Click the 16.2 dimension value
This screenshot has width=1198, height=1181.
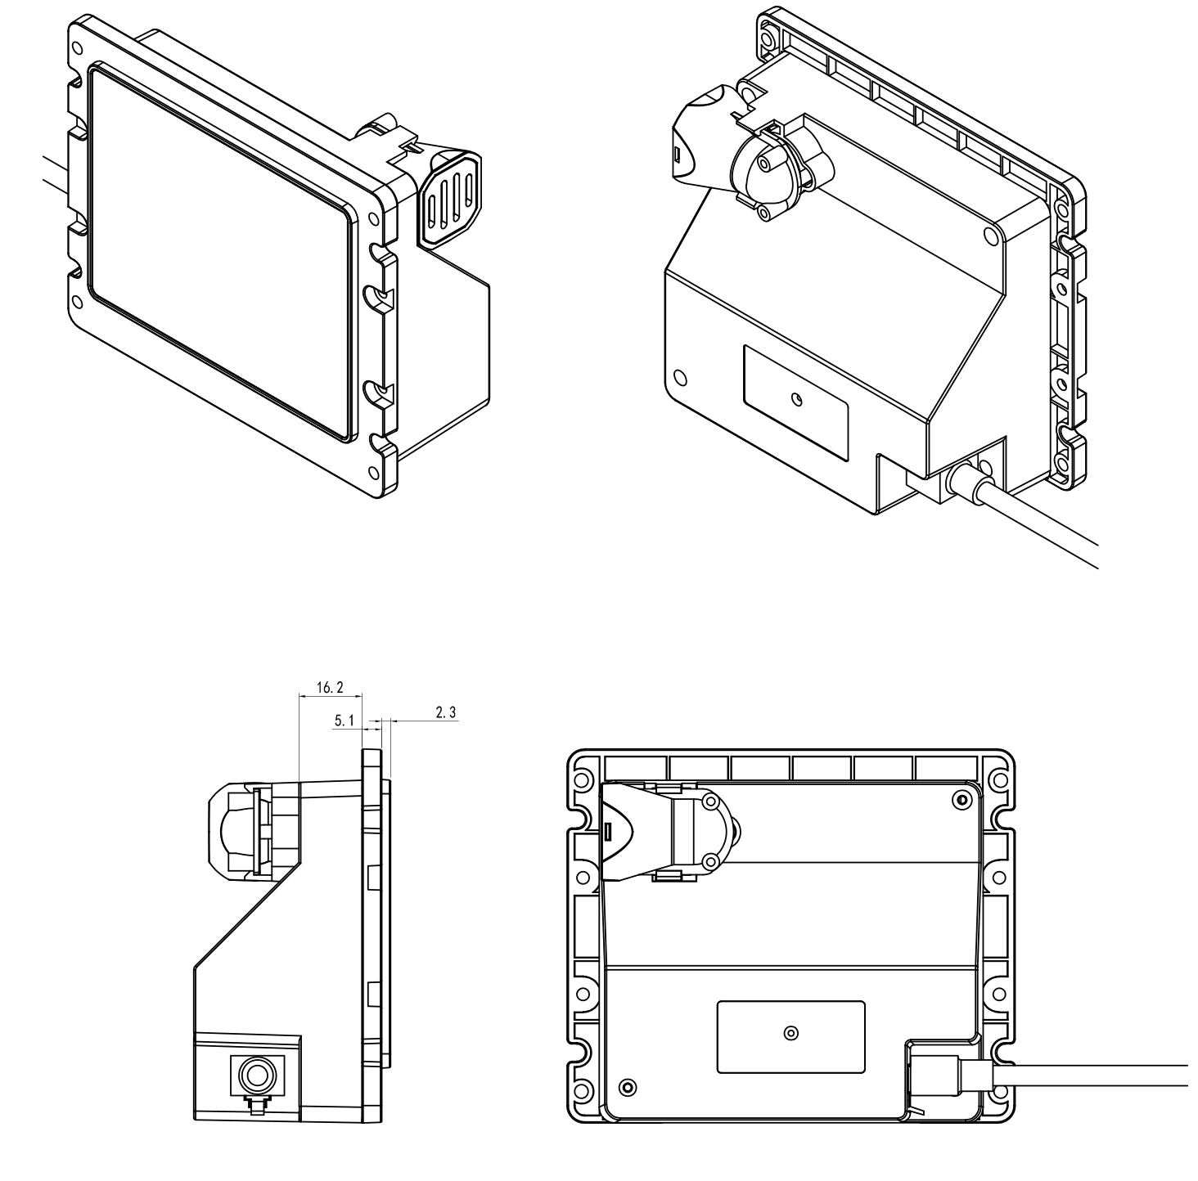pos(330,688)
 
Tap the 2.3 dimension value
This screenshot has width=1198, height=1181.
pos(446,712)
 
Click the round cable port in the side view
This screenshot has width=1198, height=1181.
pos(257,1074)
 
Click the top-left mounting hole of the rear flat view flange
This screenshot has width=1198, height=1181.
pos(583,780)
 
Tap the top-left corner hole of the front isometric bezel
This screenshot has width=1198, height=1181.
pos(77,47)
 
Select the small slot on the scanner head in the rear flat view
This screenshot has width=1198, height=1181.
pos(608,830)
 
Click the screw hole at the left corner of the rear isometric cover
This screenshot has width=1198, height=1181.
pos(680,378)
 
